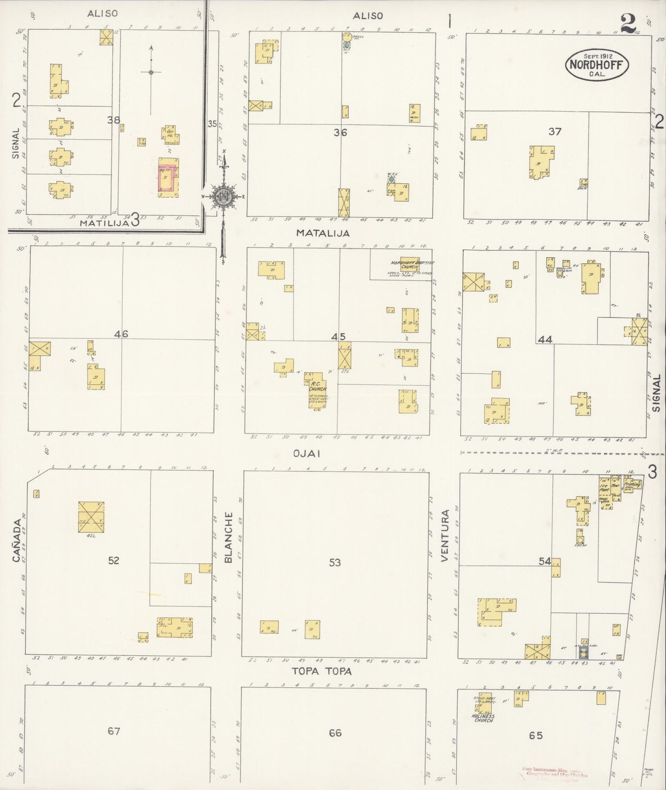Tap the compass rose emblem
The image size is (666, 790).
coord(224,196)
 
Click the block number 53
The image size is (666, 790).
coord(335,562)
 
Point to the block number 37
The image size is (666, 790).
coord(555,131)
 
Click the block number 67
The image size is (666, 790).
coord(114,731)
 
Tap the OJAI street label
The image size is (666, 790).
coord(306,454)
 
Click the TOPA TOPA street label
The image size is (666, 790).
coord(322,672)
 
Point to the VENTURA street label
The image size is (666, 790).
coord(445,536)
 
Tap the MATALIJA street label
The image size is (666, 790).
coord(323,233)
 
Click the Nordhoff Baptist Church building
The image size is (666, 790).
coord(410,264)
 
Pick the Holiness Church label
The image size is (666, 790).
coord(483,718)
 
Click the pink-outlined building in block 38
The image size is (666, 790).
coord(168,177)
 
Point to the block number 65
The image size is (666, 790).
coord(536,736)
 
